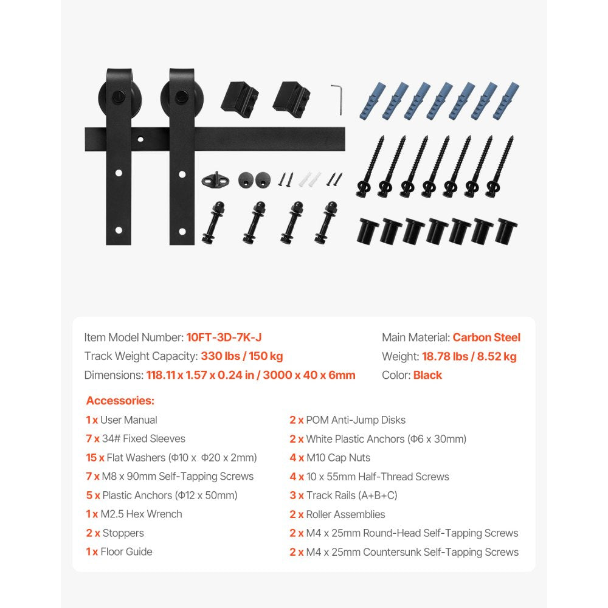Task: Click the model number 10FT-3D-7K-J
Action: coord(224,337)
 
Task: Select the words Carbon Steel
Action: coord(486,337)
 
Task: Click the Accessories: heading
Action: coord(120,401)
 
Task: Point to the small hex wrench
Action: coord(336,98)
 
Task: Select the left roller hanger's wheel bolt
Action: coord(119,96)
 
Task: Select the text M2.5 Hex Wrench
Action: coord(141,514)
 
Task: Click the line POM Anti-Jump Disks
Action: coord(356,420)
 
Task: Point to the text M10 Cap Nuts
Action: coord(338,458)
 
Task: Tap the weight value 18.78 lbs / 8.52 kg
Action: coord(469,356)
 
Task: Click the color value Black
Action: coord(427,375)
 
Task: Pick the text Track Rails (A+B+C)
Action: coord(351,496)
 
